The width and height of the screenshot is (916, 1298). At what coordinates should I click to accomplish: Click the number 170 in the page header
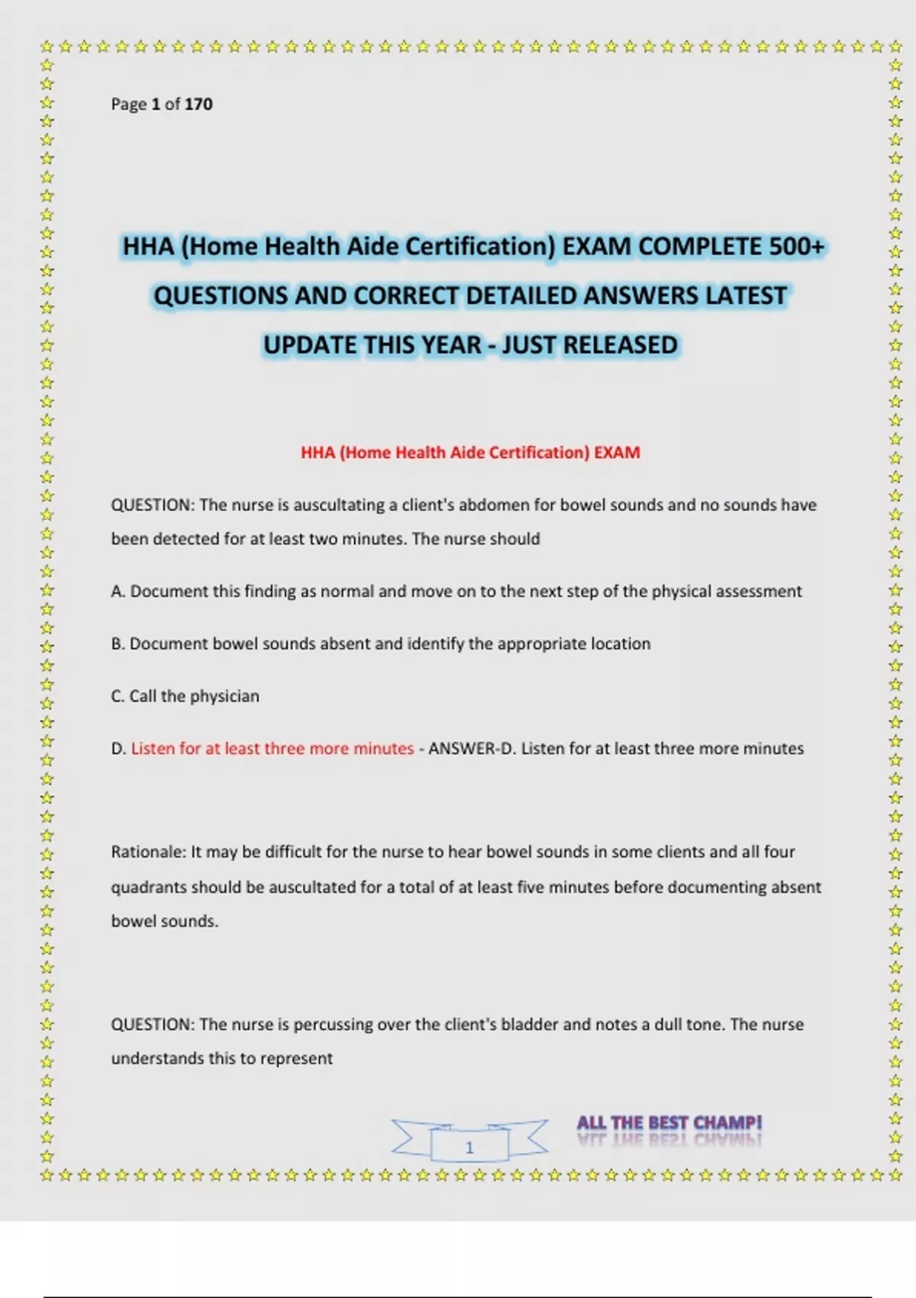click(x=198, y=104)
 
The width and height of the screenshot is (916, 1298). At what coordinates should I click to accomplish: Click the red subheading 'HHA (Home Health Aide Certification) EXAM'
click(x=470, y=452)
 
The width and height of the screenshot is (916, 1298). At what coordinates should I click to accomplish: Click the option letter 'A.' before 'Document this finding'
click(x=118, y=591)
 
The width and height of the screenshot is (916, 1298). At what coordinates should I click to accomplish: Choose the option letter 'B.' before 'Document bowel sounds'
click(x=118, y=644)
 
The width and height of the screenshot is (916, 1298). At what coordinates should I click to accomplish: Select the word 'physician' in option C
click(x=224, y=696)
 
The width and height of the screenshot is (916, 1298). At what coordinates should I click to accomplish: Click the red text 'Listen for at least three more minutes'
click(x=273, y=748)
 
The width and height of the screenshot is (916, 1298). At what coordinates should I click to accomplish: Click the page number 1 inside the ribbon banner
click(x=469, y=1147)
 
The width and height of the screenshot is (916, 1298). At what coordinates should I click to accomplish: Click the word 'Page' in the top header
click(x=128, y=104)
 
